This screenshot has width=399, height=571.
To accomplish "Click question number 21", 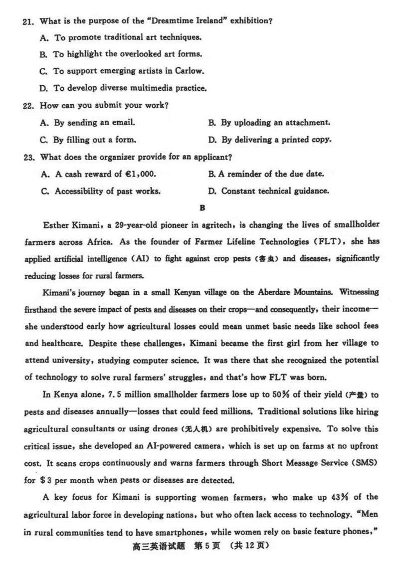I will coord(28,21).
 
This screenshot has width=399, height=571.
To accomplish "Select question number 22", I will coord(28,106).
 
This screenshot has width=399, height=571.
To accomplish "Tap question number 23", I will coord(28,158).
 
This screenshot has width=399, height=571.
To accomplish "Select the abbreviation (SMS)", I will coord(366,463).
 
